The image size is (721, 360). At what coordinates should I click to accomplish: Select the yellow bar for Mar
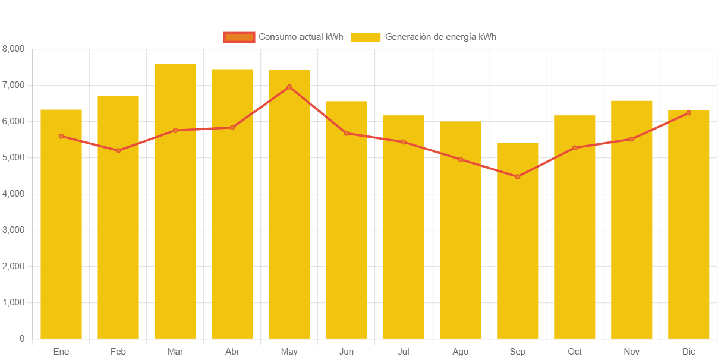175,202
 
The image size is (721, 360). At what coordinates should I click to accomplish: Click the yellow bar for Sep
518,241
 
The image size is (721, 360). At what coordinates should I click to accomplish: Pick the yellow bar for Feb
118,217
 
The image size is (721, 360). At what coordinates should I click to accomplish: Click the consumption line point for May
289,87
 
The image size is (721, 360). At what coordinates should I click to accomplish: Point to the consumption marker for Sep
518,177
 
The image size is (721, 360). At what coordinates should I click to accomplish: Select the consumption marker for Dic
688,113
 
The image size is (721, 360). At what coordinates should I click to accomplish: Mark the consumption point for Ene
61,136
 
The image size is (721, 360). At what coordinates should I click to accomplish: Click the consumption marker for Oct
575,148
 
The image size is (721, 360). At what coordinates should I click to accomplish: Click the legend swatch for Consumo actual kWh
239,37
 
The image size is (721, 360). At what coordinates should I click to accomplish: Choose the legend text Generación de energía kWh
440,37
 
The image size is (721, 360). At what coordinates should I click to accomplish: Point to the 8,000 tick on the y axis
13,49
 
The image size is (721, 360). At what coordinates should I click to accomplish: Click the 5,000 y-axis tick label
13,157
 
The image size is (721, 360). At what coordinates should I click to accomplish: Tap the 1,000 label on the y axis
13,302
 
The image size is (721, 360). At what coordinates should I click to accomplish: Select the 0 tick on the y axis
22,339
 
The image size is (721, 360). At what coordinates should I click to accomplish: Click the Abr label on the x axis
232,352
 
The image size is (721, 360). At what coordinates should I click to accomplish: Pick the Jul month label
404,352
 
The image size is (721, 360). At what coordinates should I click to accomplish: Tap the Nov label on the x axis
632,352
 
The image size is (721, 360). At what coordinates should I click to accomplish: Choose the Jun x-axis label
347,352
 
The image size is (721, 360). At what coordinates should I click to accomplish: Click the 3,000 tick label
13,230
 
